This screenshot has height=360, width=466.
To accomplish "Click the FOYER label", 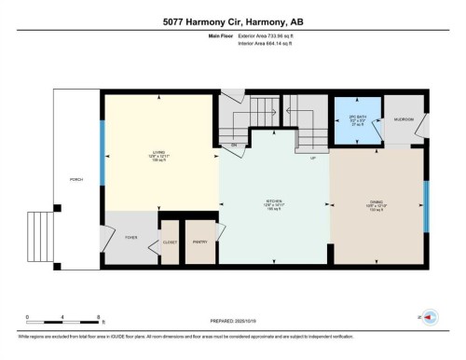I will coord(131,238).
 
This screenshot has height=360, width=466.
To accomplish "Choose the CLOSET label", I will coord(170,242).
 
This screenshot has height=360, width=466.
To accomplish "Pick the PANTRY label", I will coord(199,242).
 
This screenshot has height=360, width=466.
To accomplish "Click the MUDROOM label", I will coord(404,120).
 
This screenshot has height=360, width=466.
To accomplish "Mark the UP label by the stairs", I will coord(313,157).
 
